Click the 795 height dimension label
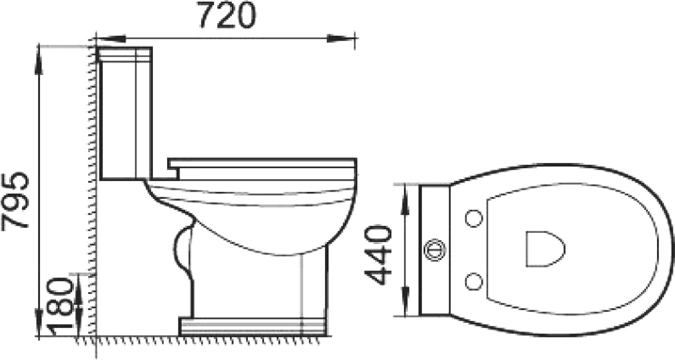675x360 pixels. tap(15, 202)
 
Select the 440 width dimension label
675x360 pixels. tap(378, 255)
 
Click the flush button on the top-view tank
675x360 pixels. tap(435, 250)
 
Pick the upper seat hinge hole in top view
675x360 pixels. tap(474, 218)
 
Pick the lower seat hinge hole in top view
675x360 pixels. tap(474, 282)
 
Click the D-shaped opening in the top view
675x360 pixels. tap(545, 249)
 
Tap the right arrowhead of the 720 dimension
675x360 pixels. tap(341, 39)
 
